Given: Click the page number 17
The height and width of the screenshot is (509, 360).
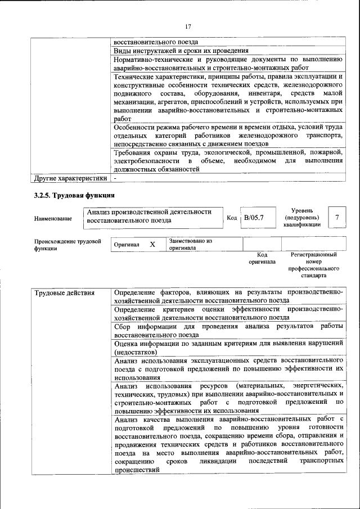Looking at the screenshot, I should pos(188,26).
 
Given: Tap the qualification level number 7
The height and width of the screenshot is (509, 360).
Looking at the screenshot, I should pos(336,217).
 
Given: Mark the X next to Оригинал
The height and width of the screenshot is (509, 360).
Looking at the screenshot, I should pos(152,245).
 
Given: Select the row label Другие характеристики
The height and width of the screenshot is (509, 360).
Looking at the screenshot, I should pos(70,178).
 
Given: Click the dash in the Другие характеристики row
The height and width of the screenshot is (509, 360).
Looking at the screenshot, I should pos(115,178).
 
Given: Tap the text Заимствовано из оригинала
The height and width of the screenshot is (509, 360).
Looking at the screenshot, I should pos(190,244).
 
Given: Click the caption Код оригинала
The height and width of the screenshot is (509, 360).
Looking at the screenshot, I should pos(262,258).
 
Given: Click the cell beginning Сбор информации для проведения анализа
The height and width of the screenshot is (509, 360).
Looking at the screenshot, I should pos(228,330).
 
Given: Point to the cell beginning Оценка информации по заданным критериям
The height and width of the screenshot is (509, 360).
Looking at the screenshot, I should pos(228,347).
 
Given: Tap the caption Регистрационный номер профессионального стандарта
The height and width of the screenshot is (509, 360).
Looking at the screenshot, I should pos(313,265).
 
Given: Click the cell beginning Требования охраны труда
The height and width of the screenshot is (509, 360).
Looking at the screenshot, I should pos(228,161).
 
